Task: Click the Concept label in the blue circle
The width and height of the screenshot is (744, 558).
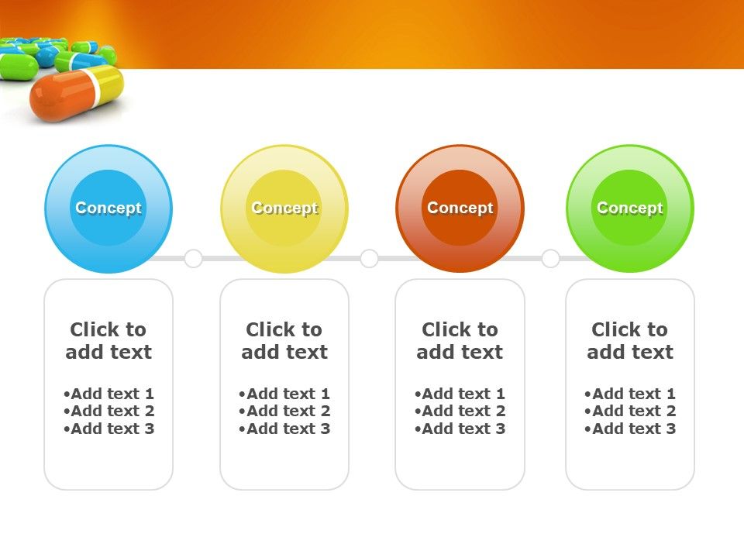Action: pyautogui.click(x=108, y=208)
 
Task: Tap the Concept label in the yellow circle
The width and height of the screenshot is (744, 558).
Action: pyautogui.click(x=284, y=208)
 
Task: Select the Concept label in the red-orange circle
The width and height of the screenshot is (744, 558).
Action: pyautogui.click(x=460, y=208)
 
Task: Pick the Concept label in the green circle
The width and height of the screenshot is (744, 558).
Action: pyautogui.click(x=630, y=208)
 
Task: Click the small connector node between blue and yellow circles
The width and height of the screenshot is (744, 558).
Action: pyautogui.click(x=193, y=258)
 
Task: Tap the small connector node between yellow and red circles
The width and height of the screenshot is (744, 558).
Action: pyautogui.click(x=369, y=258)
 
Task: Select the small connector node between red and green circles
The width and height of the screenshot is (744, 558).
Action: pyautogui.click(x=550, y=258)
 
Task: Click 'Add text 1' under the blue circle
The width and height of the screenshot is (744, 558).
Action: pyautogui.click(x=109, y=394)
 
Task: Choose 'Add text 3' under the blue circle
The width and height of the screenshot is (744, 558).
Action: pyautogui.click(x=109, y=429)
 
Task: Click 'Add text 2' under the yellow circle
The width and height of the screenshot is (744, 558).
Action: pyautogui.click(x=285, y=412)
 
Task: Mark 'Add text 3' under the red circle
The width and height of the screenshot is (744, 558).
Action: pyautogui.click(x=460, y=429)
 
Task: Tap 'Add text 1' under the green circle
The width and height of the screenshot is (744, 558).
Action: pyautogui.click(x=631, y=394)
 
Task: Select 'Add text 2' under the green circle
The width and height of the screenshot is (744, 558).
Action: pyautogui.click(x=631, y=412)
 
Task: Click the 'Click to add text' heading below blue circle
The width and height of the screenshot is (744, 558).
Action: pyautogui.click(x=108, y=341)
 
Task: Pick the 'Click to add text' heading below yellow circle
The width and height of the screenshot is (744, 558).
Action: pyautogui.click(x=284, y=341)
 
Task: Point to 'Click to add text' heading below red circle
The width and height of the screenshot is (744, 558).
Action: pyautogui.click(x=460, y=341)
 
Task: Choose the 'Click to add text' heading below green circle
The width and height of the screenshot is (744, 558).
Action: pyautogui.click(x=630, y=341)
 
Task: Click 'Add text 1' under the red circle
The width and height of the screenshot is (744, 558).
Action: pyautogui.click(x=460, y=394)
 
